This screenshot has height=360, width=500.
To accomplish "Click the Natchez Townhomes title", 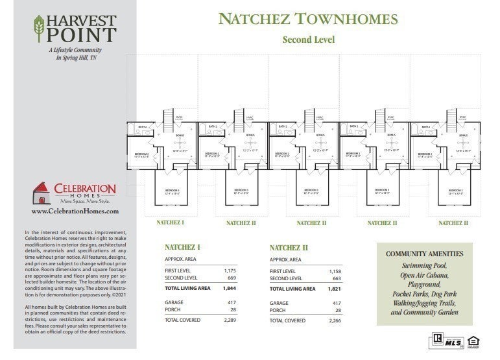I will (x=308, y=18).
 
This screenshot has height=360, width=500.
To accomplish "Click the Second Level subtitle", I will (x=308, y=40).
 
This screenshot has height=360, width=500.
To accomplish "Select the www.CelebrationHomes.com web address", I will (x=75, y=211).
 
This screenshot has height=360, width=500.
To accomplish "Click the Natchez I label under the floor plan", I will (x=171, y=222).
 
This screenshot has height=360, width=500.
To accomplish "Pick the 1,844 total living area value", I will (x=230, y=288).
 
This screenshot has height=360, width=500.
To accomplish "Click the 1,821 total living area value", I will (x=334, y=288).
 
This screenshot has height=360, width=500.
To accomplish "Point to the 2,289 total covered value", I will (x=230, y=320).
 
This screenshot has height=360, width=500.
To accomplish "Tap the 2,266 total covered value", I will (x=334, y=320).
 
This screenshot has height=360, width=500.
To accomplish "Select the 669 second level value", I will (x=231, y=278).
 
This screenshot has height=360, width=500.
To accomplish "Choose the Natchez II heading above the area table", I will (x=289, y=248).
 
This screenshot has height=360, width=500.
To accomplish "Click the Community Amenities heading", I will (x=425, y=254).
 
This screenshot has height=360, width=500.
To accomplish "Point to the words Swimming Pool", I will (x=425, y=266).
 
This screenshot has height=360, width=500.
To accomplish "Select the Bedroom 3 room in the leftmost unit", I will (x=171, y=191).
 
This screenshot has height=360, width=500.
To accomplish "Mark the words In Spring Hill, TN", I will (x=75, y=58).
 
